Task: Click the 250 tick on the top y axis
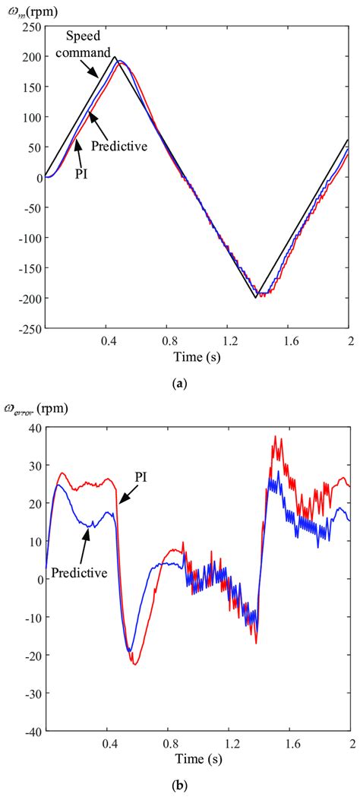(30, 27)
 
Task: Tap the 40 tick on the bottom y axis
(33, 428)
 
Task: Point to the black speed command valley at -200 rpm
(256, 298)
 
